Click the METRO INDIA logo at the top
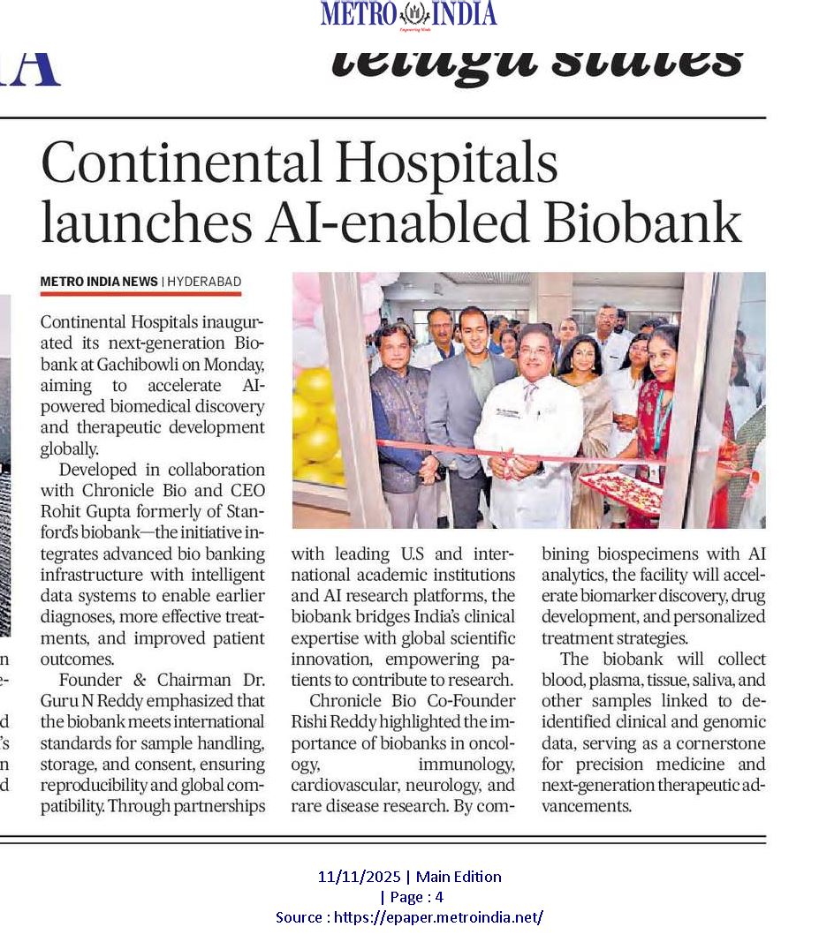(408, 14)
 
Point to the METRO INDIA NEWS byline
(98, 282)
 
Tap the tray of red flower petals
(621, 491)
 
